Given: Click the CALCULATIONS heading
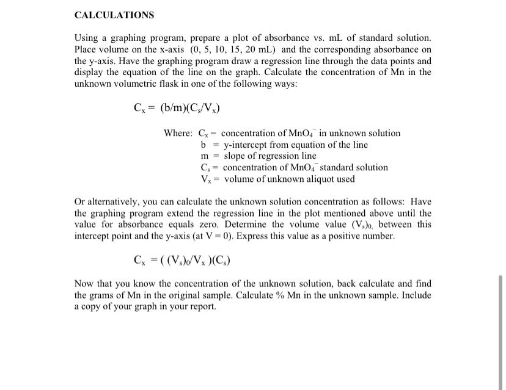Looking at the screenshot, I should (114, 15).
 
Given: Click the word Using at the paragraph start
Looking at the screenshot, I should (86, 38).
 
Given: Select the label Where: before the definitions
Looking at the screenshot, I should (178, 133).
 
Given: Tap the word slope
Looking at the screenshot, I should (235, 156).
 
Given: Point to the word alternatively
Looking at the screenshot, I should (116, 201).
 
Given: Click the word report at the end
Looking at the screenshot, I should (203, 306).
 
